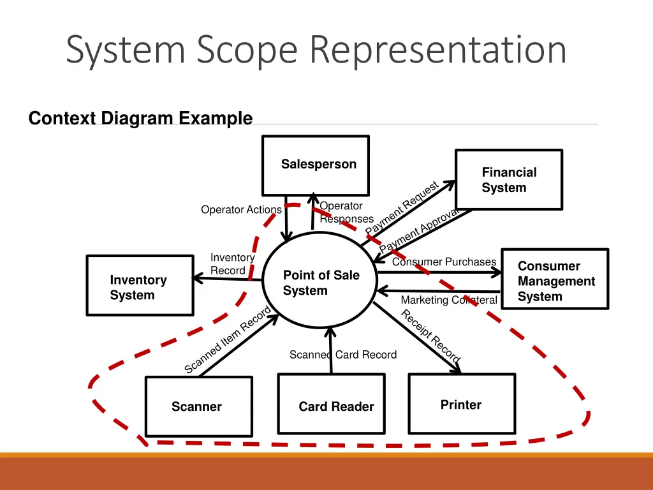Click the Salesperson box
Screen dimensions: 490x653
click(315, 165)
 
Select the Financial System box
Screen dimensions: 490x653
click(508, 180)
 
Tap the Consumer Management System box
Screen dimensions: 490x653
click(555, 279)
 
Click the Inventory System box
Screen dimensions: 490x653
click(140, 286)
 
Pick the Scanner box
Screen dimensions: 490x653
click(198, 406)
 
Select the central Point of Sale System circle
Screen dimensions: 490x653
click(321, 283)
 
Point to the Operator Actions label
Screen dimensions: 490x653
click(241, 210)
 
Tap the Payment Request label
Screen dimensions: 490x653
click(401, 208)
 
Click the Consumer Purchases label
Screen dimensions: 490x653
click(444, 262)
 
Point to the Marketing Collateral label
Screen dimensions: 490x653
click(449, 300)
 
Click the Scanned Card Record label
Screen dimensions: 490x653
click(343, 355)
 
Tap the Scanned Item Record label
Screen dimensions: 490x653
click(228, 340)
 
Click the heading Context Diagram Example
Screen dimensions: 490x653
click(140, 119)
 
